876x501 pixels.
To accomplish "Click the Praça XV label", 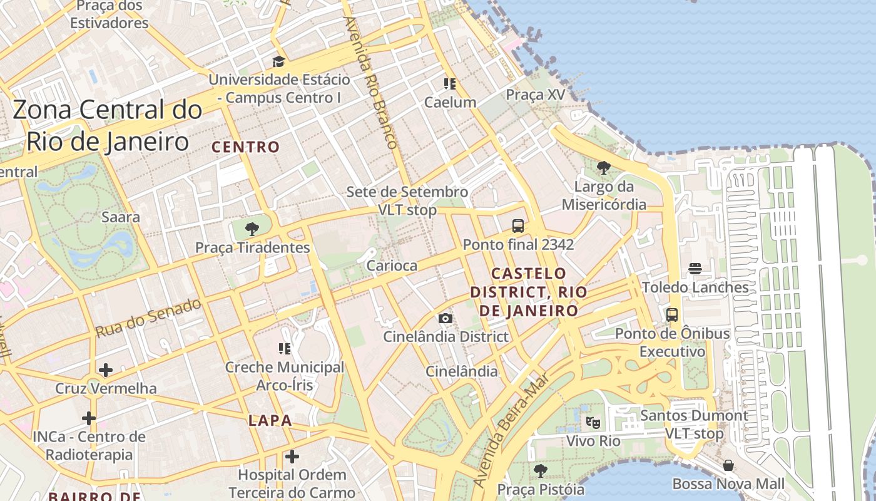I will point(535,95).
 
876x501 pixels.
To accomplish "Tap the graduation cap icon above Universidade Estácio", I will point(278,61).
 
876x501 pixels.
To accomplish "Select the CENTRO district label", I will point(245,147).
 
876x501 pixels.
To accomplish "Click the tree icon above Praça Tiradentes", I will point(252,229).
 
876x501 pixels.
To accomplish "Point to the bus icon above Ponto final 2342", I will point(517,226).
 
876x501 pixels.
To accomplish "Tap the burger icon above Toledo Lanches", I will point(695,269).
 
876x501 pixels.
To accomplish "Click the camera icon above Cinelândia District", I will point(446,318).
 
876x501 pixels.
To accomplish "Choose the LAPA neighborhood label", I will point(270,420).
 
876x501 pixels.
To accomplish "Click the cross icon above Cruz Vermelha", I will point(106,370).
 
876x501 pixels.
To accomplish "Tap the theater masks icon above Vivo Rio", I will point(593,422).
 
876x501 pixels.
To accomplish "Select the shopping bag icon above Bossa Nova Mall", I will point(728,465).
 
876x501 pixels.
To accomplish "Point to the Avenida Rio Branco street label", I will point(370,81).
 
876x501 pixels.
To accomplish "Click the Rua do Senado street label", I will point(148,318).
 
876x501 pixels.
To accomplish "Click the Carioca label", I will point(392,266).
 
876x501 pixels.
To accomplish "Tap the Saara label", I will point(121,217).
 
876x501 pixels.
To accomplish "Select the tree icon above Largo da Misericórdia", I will point(603,168).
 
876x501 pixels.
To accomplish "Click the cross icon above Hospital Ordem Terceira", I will point(292,457).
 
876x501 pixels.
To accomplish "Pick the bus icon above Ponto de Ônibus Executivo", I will point(672,315).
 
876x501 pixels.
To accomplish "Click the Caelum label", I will point(450,102).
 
